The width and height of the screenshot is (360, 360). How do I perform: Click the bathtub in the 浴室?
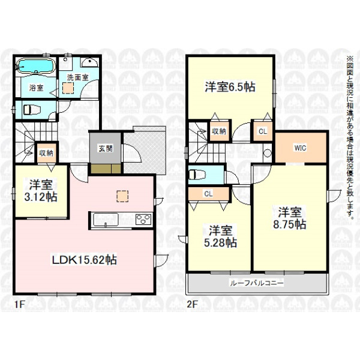click(36, 67)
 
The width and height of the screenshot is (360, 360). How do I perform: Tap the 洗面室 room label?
click(78, 77)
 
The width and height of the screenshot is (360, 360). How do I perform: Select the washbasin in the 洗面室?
click(90, 62)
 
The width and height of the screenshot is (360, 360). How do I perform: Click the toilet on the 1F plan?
click(32, 110)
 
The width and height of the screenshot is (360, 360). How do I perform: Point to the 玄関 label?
click(106, 148)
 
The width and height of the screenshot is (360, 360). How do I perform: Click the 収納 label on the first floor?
click(46, 153)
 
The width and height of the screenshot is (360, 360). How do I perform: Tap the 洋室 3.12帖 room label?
click(41, 191)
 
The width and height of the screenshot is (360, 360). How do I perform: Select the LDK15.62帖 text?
click(84, 260)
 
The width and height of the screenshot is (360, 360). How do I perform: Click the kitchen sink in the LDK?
click(106, 220)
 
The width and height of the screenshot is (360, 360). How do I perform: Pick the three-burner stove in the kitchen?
click(143, 219)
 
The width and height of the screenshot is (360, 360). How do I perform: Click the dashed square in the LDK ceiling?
click(122, 197)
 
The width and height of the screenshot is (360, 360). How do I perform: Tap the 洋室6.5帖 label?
click(230, 87)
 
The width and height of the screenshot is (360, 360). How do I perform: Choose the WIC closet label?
click(301, 148)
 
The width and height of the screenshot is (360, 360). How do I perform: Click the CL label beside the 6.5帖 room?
click(263, 131)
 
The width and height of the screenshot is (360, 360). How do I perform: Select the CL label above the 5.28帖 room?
click(208, 194)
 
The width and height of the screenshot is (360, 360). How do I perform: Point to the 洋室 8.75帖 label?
click(290, 218)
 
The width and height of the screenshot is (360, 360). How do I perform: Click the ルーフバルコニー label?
click(257, 283)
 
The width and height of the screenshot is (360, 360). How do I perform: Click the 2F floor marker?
click(192, 304)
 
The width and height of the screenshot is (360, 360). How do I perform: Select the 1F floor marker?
click(20, 304)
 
